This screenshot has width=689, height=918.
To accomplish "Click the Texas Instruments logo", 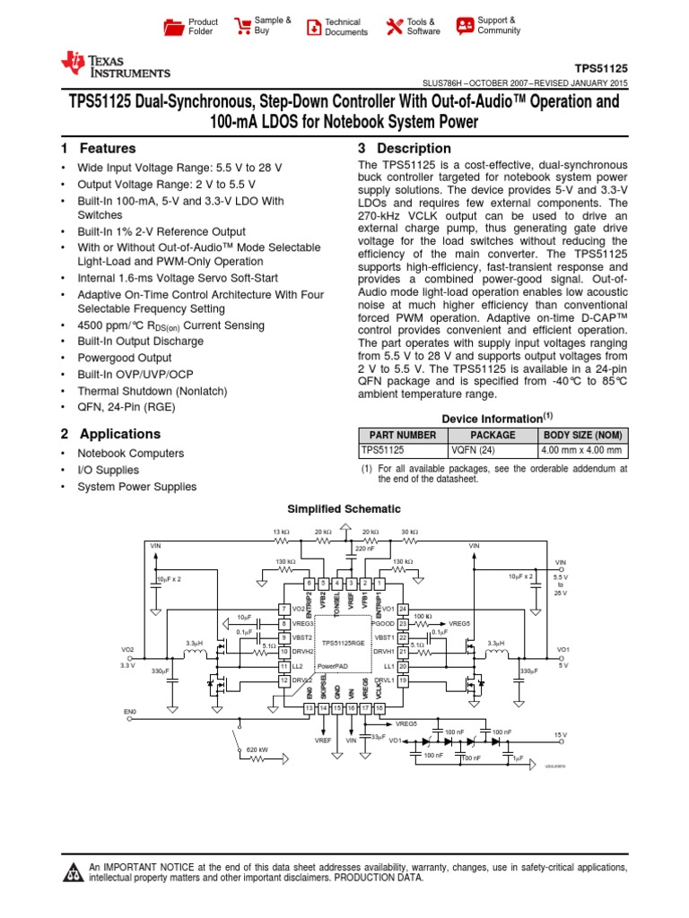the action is pyautogui.click(x=114, y=64).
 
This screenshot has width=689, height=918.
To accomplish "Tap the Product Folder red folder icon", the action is pyautogui.click(x=173, y=27).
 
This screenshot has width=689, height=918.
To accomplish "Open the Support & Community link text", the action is pyautogui.click(x=499, y=25).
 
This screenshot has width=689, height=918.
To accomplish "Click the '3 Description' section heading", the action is pyautogui.click(x=405, y=149).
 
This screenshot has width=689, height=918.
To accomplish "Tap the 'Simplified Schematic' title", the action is pyautogui.click(x=344, y=509).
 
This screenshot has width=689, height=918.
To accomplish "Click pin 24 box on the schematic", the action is pyautogui.click(x=403, y=608).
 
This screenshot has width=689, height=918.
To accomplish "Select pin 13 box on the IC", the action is pyautogui.click(x=309, y=708).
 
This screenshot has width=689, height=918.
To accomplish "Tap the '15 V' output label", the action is pyautogui.click(x=561, y=734).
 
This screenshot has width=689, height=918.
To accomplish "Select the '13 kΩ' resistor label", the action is pyautogui.click(x=281, y=532).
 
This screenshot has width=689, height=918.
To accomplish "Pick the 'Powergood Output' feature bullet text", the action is pyautogui.click(x=125, y=358).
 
